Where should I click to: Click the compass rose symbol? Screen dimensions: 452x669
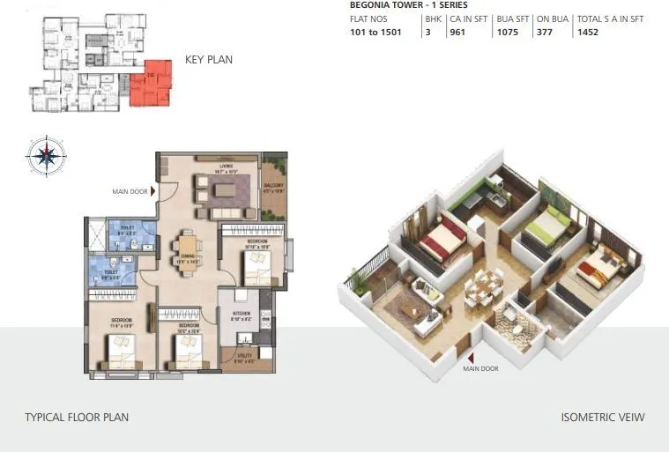pos(46,156)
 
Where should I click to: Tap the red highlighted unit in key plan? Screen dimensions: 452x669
pos(152,85)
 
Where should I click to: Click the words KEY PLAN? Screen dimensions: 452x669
pos(209,60)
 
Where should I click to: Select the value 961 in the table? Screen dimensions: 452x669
pos(458,32)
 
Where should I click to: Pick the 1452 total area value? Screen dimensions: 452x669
pos(588,32)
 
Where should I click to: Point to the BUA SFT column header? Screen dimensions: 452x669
pos(512,19)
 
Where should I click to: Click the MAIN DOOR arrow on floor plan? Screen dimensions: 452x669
pos(152,189)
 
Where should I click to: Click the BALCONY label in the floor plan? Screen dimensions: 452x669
pos(273,186)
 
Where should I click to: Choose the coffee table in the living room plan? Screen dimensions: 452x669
pos(219,189)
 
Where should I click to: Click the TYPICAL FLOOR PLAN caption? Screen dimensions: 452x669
pos(76,417)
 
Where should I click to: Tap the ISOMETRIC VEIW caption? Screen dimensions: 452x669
pos(602,417)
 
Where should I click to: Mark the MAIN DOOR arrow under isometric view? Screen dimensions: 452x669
pos(471,357)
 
